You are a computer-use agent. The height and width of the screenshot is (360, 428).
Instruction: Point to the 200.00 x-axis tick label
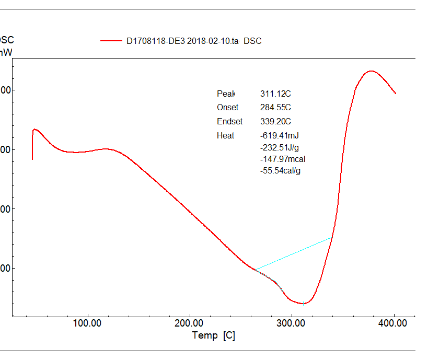(x=189, y=323)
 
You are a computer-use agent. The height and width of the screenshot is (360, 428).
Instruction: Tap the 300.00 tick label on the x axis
(x=291, y=323)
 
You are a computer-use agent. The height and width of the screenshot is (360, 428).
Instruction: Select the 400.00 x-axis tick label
(x=392, y=323)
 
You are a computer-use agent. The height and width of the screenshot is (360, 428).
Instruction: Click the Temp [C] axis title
(x=214, y=335)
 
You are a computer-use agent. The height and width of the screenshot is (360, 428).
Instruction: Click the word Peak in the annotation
(x=226, y=94)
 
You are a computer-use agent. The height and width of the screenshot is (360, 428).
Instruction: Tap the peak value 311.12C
(x=275, y=94)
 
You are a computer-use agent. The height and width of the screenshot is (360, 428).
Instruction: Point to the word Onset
(x=227, y=108)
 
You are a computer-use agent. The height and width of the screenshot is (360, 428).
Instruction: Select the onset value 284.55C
(x=275, y=108)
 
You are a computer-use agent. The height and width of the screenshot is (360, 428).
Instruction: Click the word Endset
(x=229, y=122)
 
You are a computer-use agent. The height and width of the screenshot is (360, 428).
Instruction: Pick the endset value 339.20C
(x=275, y=122)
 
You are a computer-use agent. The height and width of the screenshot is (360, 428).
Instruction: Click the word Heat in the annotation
(x=225, y=136)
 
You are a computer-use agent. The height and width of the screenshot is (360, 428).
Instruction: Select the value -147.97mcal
(x=283, y=159)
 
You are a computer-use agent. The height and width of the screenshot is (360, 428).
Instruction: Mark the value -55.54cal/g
(x=280, y=170)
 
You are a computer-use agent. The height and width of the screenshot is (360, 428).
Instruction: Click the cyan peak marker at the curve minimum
(x=303, y=304)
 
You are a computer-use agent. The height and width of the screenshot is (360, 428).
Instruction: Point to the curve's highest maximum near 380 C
(x=371, y=71)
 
